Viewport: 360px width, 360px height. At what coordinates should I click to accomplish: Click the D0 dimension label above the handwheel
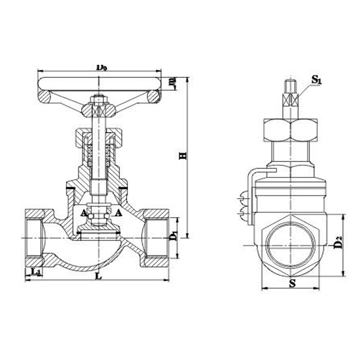(x=101, y=67)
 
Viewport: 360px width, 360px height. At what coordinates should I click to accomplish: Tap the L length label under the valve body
(x=98, y=277)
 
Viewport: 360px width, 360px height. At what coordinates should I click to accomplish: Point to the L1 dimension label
(x=35, y=274)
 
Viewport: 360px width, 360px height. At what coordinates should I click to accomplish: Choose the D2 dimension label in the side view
(x=338, y=242)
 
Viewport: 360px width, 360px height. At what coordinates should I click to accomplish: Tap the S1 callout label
(x=316, y=79)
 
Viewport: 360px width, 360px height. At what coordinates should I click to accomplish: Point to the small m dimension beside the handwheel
(x=172, y=82)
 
